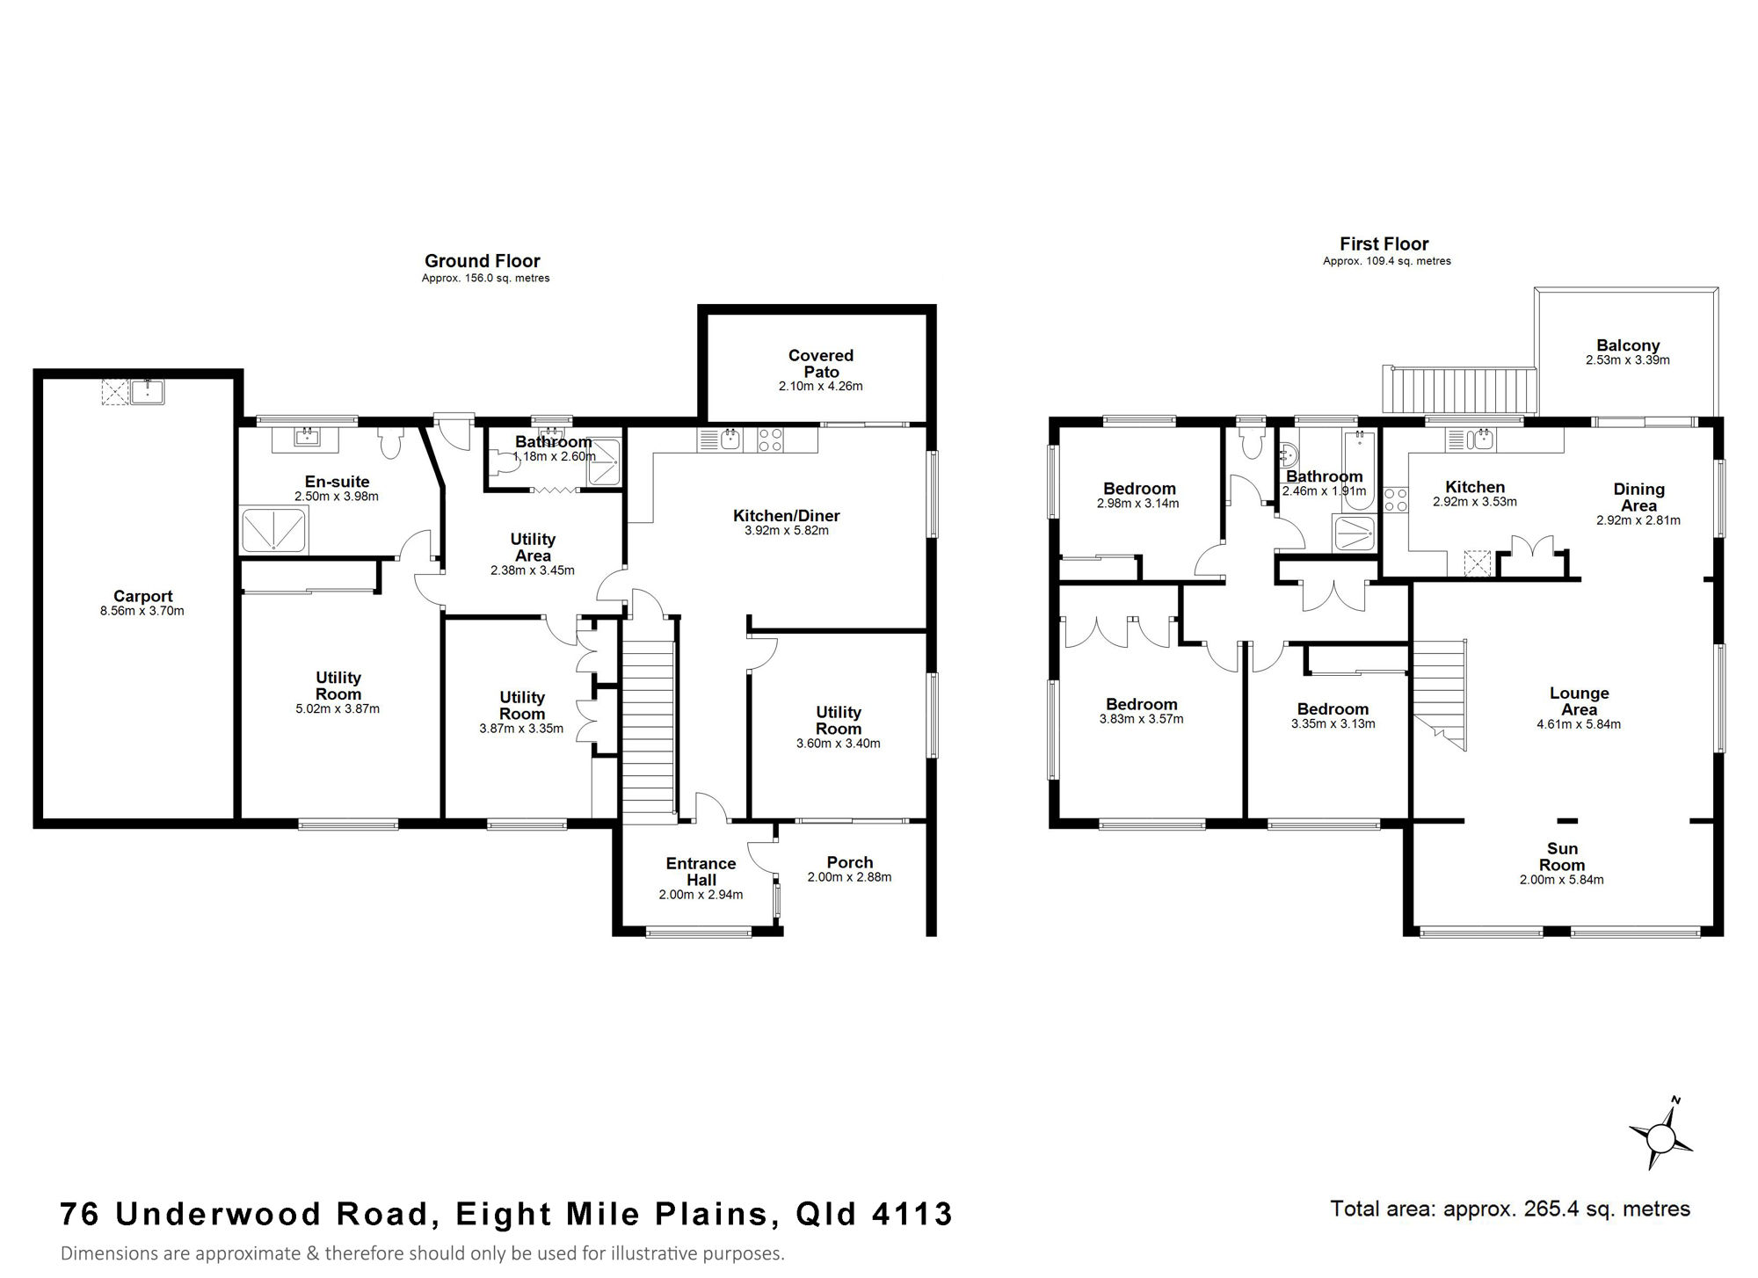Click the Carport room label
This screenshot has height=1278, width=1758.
pyautogui.click(x=143, y=596)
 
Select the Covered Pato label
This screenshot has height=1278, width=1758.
pyautogui.click(x=821, y=363)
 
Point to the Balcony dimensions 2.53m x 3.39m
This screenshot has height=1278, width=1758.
pyautogui.click(x=1628, y=360)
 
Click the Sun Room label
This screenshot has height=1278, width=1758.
pyautogui.click(x=1562, y=856)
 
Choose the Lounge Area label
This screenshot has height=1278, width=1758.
pyautogui.click(x=1580, y=701)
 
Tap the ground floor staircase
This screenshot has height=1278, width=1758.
pyautogui.click(x=649, y=721)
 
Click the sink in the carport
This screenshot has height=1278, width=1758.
pyautogui.click(x=147, y=391)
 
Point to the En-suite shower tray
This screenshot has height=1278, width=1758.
pyautogui.click(x=274, y=530)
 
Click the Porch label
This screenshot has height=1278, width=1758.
pyautogui.click(x=850, y=862)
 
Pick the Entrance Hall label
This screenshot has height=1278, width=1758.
pyautogui.click(x=701, y=871)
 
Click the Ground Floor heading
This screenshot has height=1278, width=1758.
pyautogui.click(x=483, y=261)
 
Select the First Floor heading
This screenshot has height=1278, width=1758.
pyautogui.click(x=1384, y=244)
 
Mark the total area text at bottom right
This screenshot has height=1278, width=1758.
pyautogui.click(x=1510, y=1209)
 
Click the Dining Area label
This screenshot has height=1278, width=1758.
pyautogui.click(x=1639, y=497)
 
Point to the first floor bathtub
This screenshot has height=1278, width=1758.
pyautogui.click(x=1358, y=471)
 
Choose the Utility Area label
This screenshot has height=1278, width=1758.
pyautogui.click(x=533, y=547)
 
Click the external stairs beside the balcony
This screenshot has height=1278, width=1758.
pyautogui.click(x=1460, y=390)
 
